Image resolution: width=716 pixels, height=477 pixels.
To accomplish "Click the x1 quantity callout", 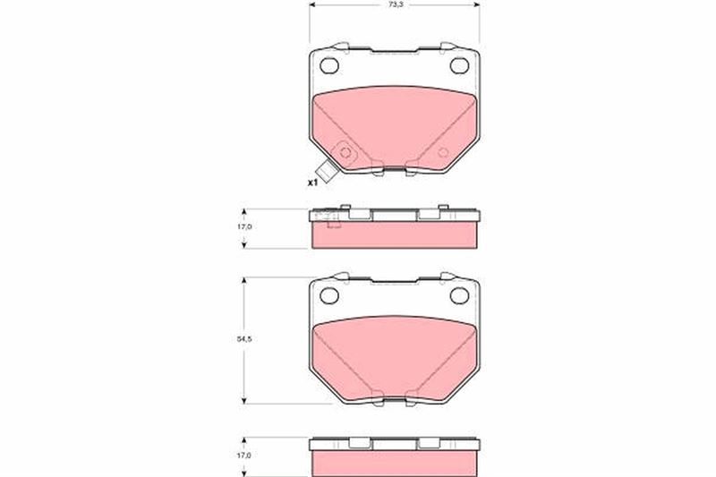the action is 312,183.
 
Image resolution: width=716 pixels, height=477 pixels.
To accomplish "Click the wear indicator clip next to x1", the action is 327,172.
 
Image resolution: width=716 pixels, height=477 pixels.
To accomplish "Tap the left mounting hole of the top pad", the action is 329,65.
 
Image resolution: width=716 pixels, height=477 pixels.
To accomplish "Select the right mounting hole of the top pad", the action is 459,65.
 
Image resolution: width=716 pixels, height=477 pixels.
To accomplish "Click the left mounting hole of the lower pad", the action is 329,296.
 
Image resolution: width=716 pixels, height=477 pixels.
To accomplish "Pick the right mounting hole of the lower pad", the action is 459,296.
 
